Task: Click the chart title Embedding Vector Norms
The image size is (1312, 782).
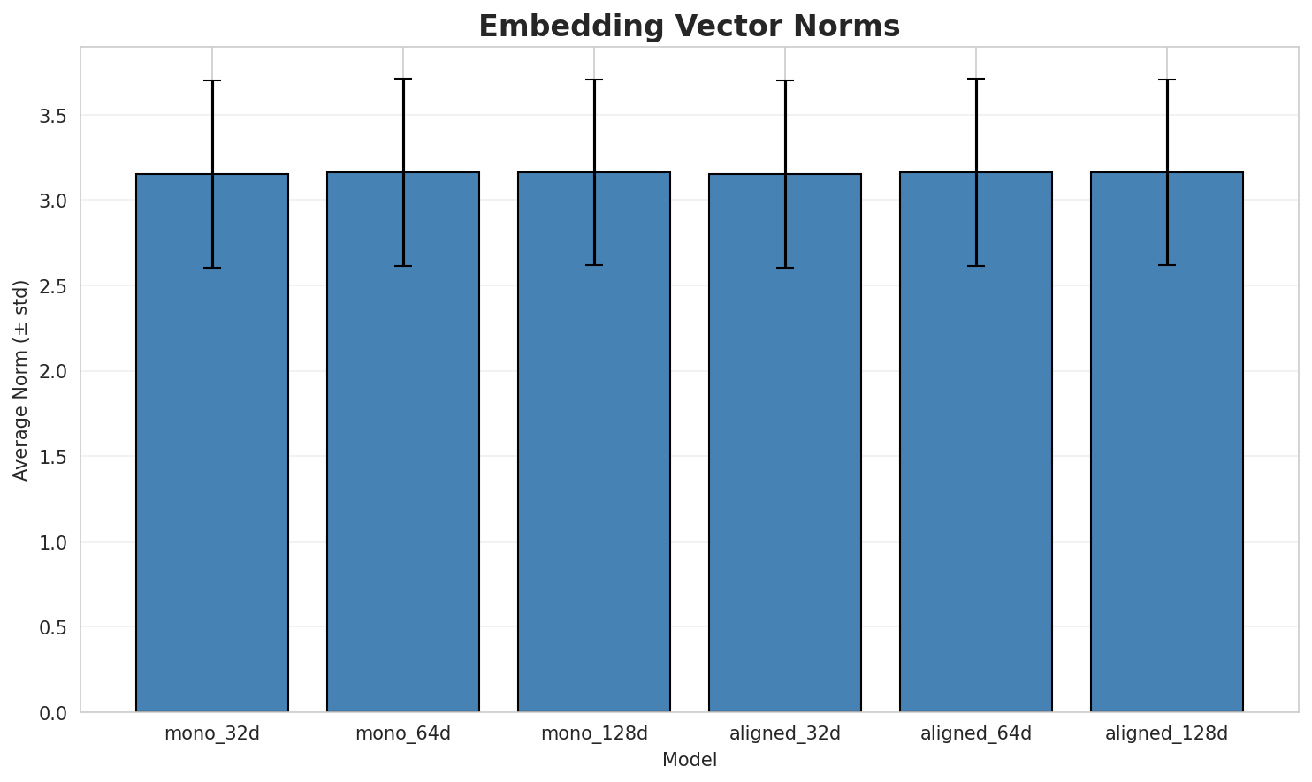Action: tap(689, 27)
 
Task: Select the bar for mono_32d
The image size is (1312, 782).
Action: tap(212, 442)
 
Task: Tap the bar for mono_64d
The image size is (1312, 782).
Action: tap(403, 442)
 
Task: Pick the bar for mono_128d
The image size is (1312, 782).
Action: tap(594, 442)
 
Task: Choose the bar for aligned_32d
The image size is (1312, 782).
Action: tap(785, 442)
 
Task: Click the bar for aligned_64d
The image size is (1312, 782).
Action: tap(976, 442)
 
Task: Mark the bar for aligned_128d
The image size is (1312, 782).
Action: tap(1167, 442)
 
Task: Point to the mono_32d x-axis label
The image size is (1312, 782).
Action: tap(212, 733)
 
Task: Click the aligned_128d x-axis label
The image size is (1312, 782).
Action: tap(1167, 733)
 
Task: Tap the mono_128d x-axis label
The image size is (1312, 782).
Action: tap(594, 733)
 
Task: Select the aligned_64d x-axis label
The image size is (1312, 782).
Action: tap(976, 733)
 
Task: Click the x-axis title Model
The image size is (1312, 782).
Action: tap(689, 760)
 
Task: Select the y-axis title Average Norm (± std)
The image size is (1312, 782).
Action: tap(21, 380)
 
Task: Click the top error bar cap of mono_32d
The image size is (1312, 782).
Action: tap(212, 80)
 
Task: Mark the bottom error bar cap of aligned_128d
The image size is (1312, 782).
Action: tap(1167, 265)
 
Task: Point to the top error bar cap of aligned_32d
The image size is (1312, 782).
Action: tap(785, 80)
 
